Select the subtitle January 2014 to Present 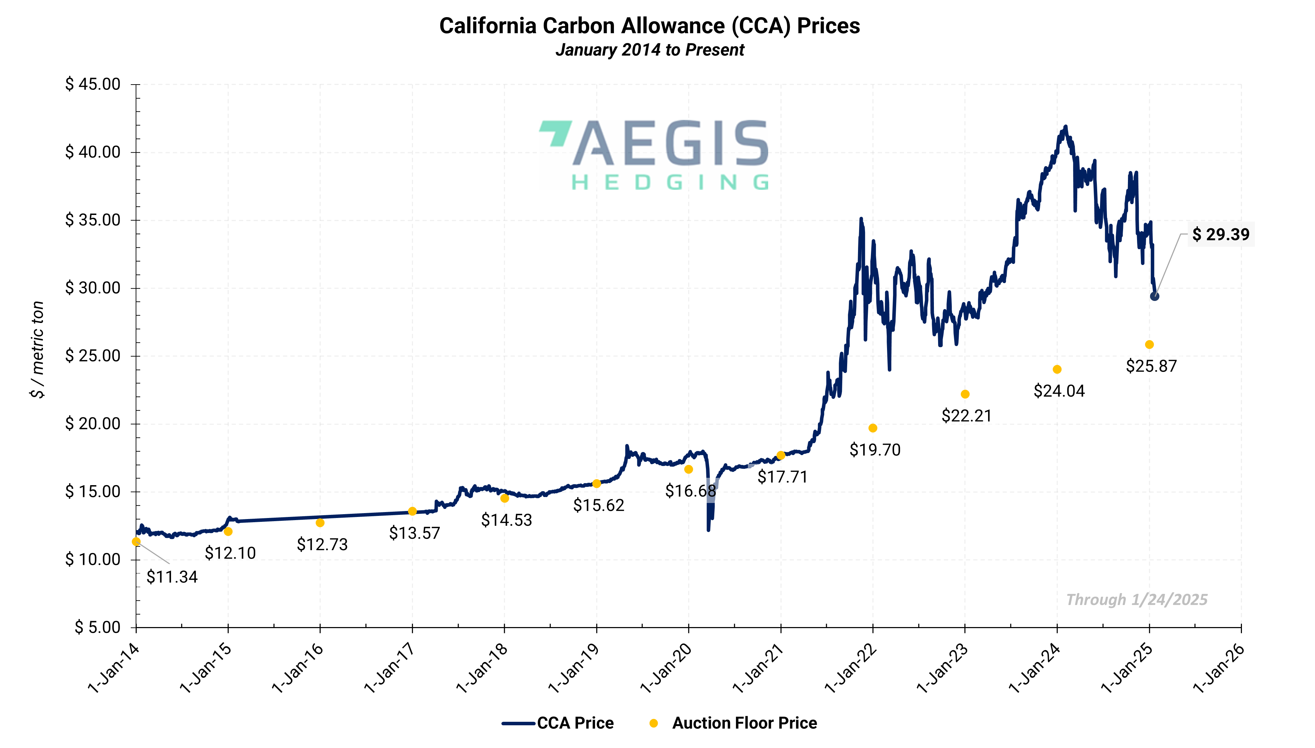(650, 50)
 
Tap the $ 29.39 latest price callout (1221, 234)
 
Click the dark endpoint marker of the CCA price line (1154, 296)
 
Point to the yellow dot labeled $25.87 (1149, 344)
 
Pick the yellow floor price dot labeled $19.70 (873, 428)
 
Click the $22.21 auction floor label (966, 416)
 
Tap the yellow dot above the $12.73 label (320, 523)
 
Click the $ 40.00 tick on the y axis (93, 152)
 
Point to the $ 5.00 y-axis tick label (98, 627)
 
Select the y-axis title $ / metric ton (37, 349)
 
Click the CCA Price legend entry (575, 723)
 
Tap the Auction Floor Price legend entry (744, 723)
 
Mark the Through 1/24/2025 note (1136, 599)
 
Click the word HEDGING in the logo (670, 182)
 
